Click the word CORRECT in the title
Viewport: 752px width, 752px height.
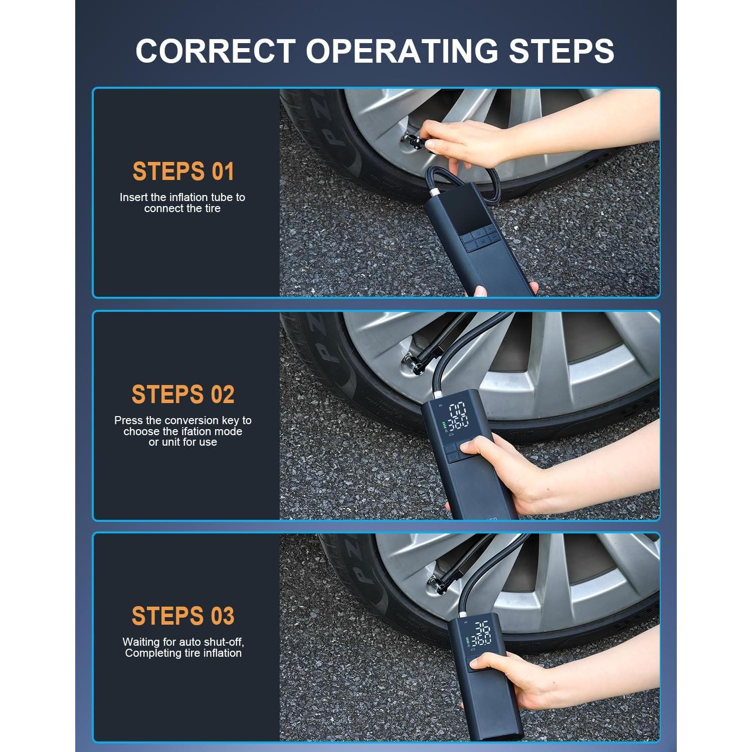216,51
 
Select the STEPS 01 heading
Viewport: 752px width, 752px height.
183,171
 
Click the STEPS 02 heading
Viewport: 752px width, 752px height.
183,395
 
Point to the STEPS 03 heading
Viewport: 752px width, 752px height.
183,616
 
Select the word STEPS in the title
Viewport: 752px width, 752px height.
561,51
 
